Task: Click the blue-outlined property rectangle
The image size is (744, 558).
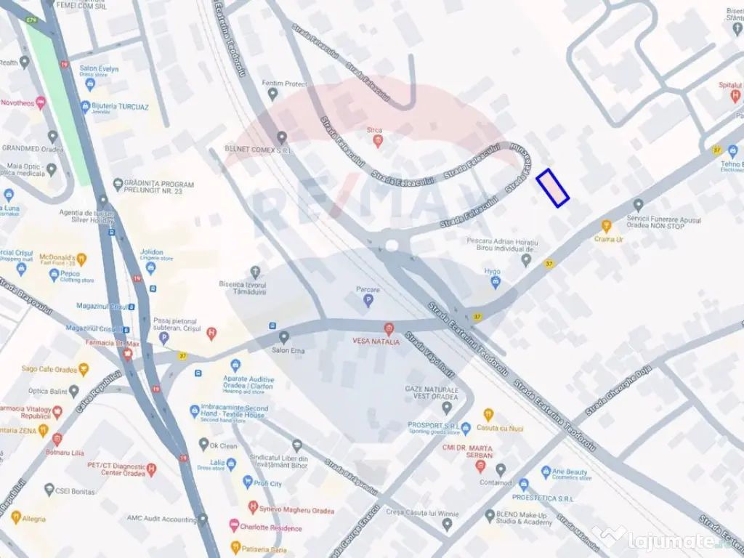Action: [x=552, y=188]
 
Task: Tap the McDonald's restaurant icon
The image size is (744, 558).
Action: [x=81, y=259]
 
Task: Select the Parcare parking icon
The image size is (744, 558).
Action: [x=368, y=300]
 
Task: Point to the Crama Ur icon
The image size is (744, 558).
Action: [x=607, y=226]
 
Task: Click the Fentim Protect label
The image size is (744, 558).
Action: [x=286, y=84]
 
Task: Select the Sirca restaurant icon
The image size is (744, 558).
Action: [x=375, y=140]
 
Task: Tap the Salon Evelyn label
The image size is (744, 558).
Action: [x=99, y=69]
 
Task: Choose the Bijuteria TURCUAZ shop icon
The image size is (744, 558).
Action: [x=86, y=106]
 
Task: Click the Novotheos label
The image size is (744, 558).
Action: [x=17, y=103]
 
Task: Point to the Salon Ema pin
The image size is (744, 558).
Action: [x=284, y=337]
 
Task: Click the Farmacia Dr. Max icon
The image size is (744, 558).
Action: [x=128, y=355]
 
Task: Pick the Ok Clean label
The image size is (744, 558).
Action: [x=223, y=445]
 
